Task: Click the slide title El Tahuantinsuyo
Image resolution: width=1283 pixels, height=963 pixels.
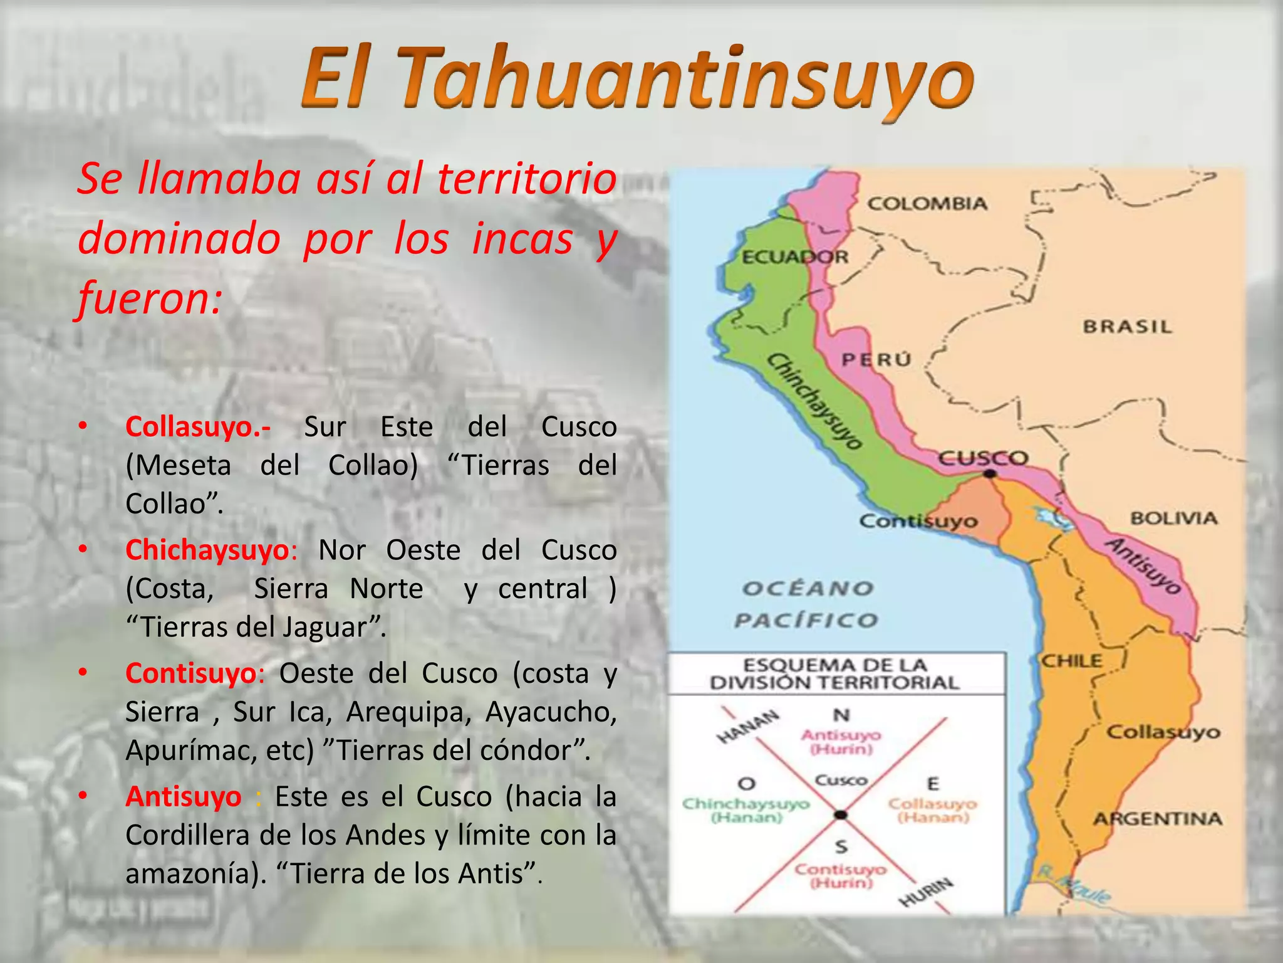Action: coord(637,80)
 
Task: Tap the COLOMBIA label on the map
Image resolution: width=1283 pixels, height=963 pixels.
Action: coord(927,204)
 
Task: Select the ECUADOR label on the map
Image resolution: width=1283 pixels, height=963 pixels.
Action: coord(794,257)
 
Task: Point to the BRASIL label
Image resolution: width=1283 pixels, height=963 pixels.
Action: coord(1127,327)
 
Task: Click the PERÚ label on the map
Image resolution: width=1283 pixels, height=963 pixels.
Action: coord(876,360)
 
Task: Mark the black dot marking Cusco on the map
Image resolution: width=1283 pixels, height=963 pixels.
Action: coord(989,473)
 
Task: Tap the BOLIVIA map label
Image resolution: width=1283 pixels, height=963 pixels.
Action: coord(1173,518)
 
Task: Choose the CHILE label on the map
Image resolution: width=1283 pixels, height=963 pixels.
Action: coord(1071,661)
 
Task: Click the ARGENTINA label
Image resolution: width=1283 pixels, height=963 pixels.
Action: coord(1158,819)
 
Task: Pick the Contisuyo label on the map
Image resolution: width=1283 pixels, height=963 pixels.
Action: coord(918,521)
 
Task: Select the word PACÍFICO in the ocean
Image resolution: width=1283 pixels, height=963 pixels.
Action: coord(806,621)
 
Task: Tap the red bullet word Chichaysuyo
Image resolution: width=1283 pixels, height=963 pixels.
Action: coord(208,550)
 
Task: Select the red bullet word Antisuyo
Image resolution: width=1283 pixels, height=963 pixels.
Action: coord(183,797)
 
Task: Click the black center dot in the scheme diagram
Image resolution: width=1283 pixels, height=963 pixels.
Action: coord(841,814)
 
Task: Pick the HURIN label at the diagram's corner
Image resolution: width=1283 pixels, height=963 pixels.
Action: coord(927,892)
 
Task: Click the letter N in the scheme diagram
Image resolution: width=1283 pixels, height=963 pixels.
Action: coord(841,715)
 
